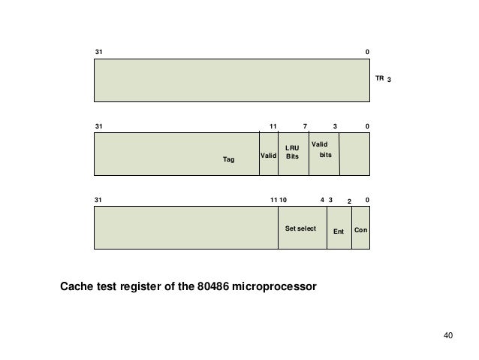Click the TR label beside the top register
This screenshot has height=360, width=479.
[379, 77]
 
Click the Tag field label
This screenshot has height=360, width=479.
[229, 159]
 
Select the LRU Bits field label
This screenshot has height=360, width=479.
[293, 153]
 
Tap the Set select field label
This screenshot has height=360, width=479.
[301, 228]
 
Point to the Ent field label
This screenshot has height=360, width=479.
[339, 231]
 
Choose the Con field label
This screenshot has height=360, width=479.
[361, 231]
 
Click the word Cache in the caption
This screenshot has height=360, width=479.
[78, 286]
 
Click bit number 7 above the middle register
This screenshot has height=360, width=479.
[305, 126]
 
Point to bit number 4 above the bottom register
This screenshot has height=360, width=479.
[322, 201]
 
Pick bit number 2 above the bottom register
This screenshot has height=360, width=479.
[348, 202]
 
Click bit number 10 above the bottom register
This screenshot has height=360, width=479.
[282, 201]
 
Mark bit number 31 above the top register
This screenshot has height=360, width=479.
[98, 51]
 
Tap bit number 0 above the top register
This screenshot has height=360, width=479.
[367, 51]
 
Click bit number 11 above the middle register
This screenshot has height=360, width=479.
[273, 126]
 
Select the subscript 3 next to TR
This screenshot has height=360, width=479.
[389, 79]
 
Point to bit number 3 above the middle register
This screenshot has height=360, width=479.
[336, 126]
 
